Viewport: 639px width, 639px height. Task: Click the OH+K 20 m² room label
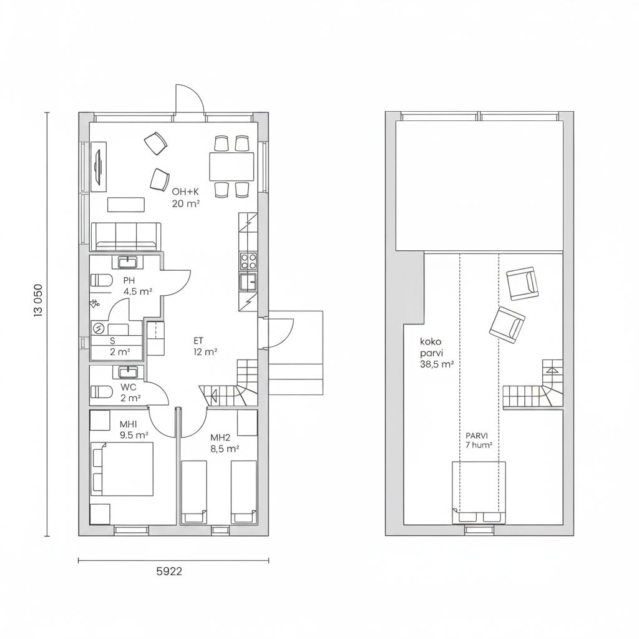point(185,198)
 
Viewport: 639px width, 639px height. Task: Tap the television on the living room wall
point(98,166)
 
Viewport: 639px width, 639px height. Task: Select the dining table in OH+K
point(232,166)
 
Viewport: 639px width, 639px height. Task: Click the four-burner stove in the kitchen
point(248,261)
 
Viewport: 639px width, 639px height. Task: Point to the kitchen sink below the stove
point(248,281)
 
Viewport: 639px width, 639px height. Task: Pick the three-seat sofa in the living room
point(126,237)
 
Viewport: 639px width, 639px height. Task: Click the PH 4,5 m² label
point(138,286)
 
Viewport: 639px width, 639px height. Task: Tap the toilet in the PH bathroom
point(101,280)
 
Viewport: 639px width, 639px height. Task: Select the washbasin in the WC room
point(129,372)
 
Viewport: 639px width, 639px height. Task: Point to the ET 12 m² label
point(205,346)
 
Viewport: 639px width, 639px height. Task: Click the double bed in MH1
point(122,469)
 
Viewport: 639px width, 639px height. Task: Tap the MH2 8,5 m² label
point(224,443)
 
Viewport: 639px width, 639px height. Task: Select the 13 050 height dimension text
point(38,300)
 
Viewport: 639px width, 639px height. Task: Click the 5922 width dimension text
point(169,572)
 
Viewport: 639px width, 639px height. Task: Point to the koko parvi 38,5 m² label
point(436,353)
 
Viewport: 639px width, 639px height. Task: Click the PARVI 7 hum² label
point(478,441)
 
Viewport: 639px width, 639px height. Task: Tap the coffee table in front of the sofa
point(126,205)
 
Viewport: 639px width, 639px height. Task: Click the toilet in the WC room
point(101,392)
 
